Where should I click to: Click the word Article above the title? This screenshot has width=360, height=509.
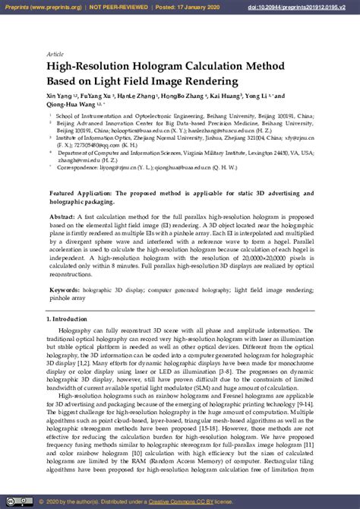click(x=55, y=55)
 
